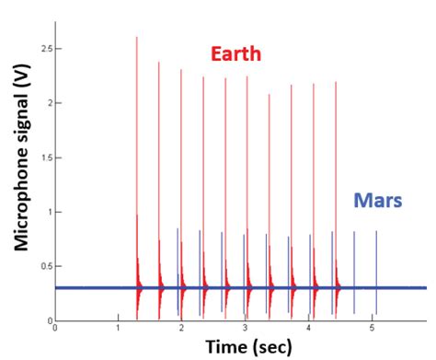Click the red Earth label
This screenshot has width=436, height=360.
pyautogui.click(x=236, y=54)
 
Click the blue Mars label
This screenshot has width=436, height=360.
pyautogui.click(x=378, y=200)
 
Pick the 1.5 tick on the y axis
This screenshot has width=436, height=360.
pyautogui.click(x=43, y=157)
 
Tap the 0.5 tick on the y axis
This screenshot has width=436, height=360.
pyautogui.click(x=43, y=266)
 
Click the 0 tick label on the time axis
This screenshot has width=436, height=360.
pyautogui.click(x=55, y=328)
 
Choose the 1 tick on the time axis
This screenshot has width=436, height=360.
pyautogui.click(x=119, y=328)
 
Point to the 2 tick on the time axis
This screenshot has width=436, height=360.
pyautogui.click(x=182, y=328)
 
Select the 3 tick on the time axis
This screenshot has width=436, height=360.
pyautogui.click(x=245, y=328)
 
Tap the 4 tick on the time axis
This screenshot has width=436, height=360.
pyautogui.click(x=308, y=328)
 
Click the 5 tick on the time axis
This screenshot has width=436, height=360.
pyautogui.click(x=372, y=328)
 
